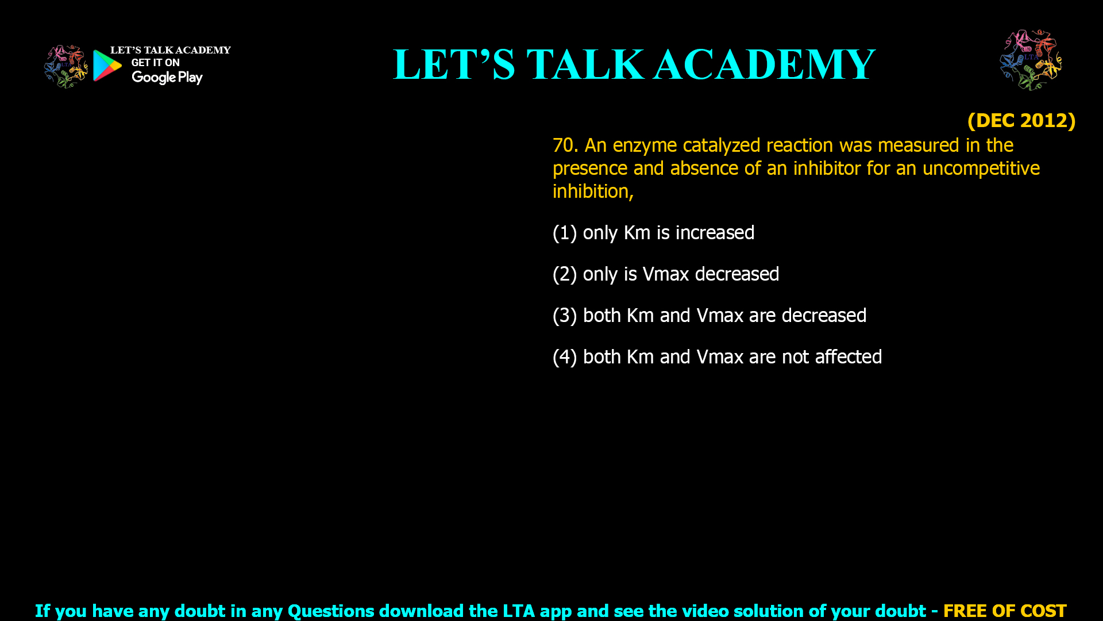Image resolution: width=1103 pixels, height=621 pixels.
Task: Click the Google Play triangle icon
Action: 107,66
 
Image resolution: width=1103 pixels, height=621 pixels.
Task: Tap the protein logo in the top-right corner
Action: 1031,60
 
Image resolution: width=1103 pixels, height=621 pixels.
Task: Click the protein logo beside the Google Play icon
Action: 66,67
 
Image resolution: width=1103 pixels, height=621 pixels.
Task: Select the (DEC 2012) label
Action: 1021,120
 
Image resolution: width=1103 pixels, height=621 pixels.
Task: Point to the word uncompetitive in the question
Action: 981,168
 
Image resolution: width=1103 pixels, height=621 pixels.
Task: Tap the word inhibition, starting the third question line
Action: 593,191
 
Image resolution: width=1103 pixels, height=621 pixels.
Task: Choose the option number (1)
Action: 565,233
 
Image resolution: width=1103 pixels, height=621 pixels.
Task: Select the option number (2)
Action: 565,274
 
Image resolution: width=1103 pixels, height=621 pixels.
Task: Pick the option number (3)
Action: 565,316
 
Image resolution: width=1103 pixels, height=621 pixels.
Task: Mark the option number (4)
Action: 565,357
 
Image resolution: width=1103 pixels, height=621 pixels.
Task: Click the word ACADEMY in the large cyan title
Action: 764,64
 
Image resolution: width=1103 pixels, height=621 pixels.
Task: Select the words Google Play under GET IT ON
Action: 167,78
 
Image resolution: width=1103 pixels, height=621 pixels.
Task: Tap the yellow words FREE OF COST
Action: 1005,611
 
